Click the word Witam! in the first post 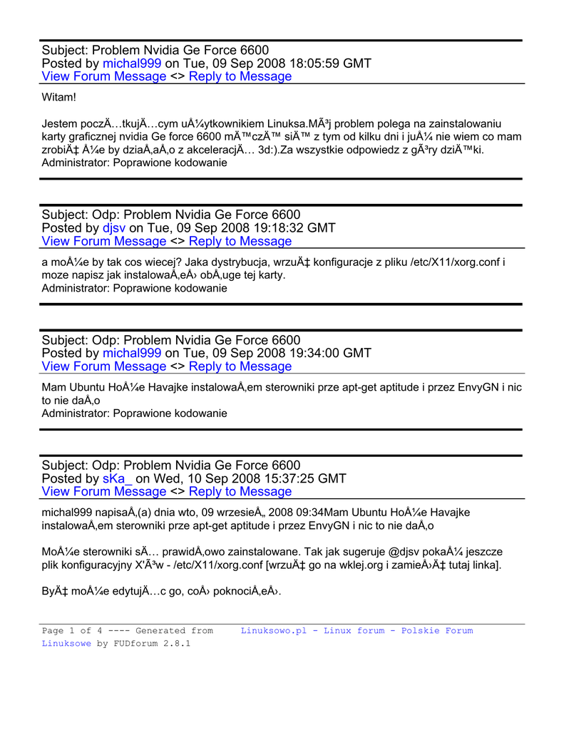[x=58, y=97]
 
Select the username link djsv [x=114, y=228]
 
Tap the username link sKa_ [x=118, y=478]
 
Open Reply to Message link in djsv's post [x=240, y=241]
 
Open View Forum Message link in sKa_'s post [x=104, y=491]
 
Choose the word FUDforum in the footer [x=136, y=643]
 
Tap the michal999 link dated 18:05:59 [x=132, y=63]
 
